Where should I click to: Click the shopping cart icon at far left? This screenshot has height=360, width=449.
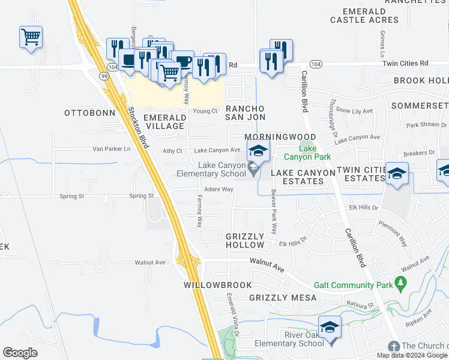pyautogui.click(x=31, y=37)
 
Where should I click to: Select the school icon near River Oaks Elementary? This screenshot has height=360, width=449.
pyautogui.click(x=330, y=327)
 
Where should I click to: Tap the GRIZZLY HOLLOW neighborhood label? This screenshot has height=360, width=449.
pyautogui.click(x=245, y=241)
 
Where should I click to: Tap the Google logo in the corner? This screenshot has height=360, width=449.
pyautogui.click(x=20, y=353)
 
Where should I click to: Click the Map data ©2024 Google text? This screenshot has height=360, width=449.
pyautogui.click(x=412, y=355)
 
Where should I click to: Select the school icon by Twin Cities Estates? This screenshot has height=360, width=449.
pyautogui.click(x=397, y=173)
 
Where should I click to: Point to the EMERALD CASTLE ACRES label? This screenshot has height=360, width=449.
pyautogui.click(x=364, y=16)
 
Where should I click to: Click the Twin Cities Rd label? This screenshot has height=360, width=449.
pyautogui.click(x=407, y=62)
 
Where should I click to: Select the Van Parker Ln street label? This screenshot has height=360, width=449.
pyautogui.click(x=111, y=149)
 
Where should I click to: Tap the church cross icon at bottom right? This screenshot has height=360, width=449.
pyautogui.click(x=393, y=346)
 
